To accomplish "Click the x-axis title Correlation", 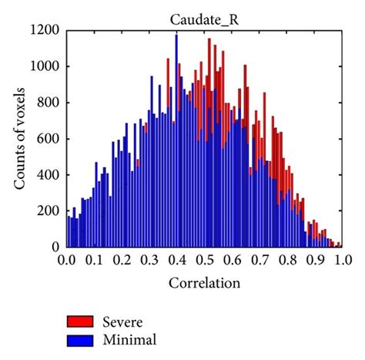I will (x=204, y=283).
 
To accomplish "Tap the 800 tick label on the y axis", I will (x=49, y=103).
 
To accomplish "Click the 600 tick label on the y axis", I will (x=49, y=140).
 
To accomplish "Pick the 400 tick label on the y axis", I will (x=49, y=175).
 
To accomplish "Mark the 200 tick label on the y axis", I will (x=49, y=211).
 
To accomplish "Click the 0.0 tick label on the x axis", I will (x=67, y=261).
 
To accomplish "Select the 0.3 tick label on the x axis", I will (x=149, y=261).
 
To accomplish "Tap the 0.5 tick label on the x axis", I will (x=203, y=261).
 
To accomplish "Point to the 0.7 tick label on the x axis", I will (x=258, y=261).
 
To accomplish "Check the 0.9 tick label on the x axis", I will (x=313, y=261).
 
